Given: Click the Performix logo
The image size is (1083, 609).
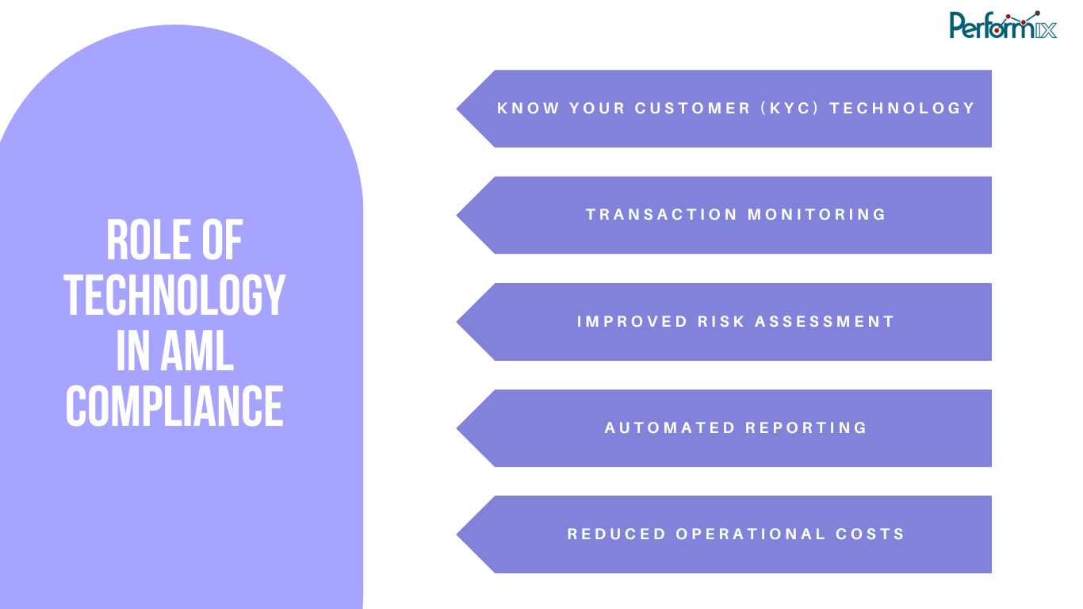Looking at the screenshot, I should click(x=1003, y=25).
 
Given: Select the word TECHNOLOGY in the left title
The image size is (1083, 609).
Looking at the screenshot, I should click(x=174, y=296).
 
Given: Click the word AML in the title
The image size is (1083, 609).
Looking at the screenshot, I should click(x=197, y=351).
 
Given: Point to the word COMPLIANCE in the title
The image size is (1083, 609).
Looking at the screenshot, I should click(x=174, y=406).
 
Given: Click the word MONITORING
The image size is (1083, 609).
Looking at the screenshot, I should click(x=817, y=215).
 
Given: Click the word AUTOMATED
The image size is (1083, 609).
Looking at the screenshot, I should click(x=671, y=428).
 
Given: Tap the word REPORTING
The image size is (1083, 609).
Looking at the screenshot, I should click(x=806, y=428).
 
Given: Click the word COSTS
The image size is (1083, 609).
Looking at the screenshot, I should click(x=871, y=534).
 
